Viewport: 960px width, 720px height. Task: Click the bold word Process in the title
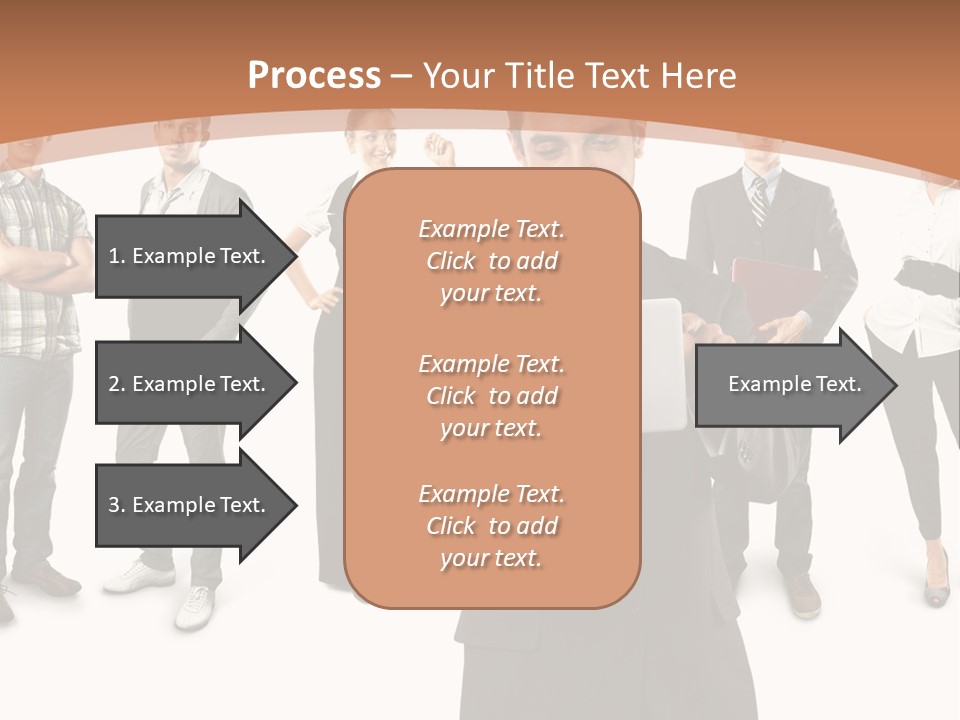(314, 76)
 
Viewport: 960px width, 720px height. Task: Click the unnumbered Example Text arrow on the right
(795, 384)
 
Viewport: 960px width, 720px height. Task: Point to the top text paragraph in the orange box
(491, 261)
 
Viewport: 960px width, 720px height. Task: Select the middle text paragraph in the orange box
(491, 396)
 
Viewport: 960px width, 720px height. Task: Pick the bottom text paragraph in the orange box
(491, 526)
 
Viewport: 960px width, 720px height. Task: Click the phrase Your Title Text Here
(580, 76)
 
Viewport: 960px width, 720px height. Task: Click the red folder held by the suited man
(775, 290)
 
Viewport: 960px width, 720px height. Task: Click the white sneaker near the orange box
(196, 604)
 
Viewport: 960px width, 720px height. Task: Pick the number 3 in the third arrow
(113, 505)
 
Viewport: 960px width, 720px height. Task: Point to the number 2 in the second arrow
(113, 384)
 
